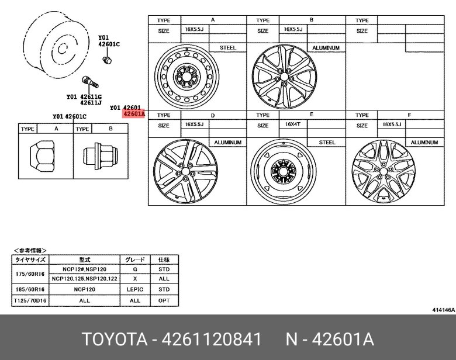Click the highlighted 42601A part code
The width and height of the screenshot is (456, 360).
point(133,114)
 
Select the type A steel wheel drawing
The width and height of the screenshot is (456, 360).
point(186,77)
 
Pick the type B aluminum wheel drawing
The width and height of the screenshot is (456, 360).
point(284,77)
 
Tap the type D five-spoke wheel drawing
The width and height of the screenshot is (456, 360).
point(185,171)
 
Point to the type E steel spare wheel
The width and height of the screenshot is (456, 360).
point(284,171)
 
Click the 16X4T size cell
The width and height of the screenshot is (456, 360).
point(293,124)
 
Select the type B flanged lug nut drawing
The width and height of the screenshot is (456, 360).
point(101,156)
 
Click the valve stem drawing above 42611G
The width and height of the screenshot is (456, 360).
point(90,82)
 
